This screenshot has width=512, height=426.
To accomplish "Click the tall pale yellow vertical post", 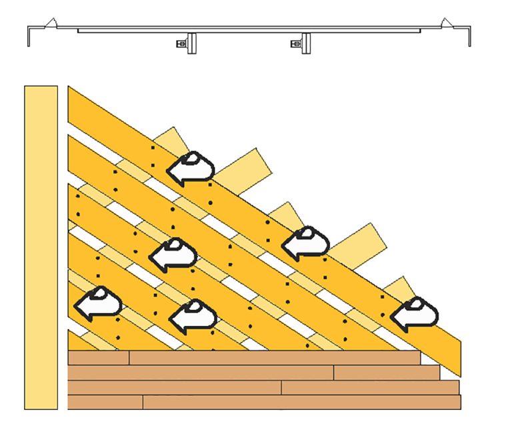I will point(40,247).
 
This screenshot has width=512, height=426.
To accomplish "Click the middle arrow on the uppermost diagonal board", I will point(305,243).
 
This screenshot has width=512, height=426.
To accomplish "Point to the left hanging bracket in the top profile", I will point(189,43).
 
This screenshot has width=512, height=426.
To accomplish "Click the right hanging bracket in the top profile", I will point(304,43).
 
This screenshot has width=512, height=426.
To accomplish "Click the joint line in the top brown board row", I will point(129,358).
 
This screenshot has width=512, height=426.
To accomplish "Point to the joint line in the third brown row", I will point(281,387).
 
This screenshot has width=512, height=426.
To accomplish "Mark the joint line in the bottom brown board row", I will point(143,402).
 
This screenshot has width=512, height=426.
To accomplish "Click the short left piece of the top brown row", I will point(98,358).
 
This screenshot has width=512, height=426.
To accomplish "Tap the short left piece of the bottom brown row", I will point(105,402).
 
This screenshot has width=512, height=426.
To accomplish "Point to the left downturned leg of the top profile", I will point(28,37).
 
